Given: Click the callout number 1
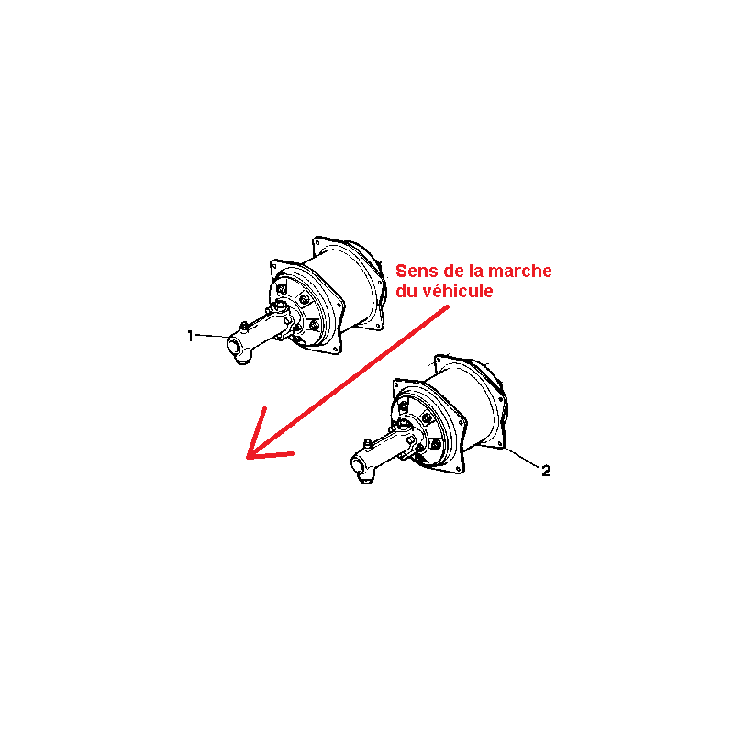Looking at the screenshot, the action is coord(190,336).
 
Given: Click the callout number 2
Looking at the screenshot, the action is coord(546,471).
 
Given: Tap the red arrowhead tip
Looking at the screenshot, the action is coord(247,457).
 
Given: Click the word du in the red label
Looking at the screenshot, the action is coord(406,291).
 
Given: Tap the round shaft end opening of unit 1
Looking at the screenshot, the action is coord(233,347).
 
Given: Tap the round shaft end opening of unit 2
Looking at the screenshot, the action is coord(357,466).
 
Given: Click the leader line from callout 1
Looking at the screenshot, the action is coord(212,336).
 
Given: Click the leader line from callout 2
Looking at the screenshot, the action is coord(522,457).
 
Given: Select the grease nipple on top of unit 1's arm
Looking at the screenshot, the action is coord(243,326).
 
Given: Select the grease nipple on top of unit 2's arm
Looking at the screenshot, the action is coord(368,443).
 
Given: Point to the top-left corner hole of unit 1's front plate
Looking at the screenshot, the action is coord(274,266).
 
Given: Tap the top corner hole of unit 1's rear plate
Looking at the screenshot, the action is coord(317,242).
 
